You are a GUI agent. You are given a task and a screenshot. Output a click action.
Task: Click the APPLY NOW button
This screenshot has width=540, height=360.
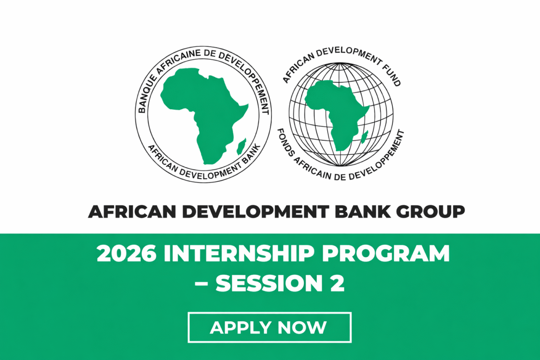(269, 327)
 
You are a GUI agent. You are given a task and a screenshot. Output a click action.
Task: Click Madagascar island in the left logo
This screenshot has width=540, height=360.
(241, 145)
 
